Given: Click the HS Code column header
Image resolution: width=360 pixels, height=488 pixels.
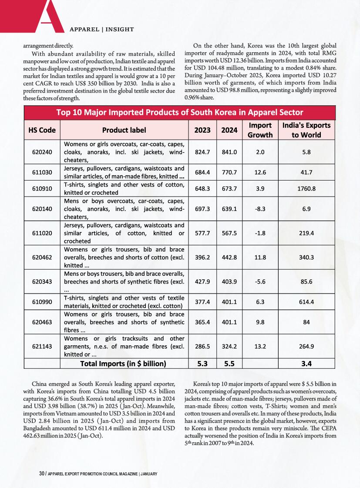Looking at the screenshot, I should pos(41,130).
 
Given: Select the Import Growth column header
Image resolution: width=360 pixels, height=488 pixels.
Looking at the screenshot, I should pos(260,130).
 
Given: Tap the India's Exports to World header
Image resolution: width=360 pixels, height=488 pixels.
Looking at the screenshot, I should pos(306,130).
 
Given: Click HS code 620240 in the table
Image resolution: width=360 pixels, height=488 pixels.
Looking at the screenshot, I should pos(43,152).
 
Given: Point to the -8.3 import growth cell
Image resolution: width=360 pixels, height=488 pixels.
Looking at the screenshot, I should pos(260,209).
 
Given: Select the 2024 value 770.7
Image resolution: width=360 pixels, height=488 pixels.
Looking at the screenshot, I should pos(229,172).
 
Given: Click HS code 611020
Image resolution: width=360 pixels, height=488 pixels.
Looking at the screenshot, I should pos(43,233).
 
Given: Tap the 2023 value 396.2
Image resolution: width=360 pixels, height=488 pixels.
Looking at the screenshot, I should pos(203,257).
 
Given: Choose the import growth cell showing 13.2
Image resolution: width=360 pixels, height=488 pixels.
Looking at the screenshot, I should pos(260,347).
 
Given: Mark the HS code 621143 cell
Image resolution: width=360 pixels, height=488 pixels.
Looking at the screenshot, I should pos(43,347).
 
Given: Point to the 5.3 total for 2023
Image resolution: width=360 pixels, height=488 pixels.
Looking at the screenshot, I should pos(203,363).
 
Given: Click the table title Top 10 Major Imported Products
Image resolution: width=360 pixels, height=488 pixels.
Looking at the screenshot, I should pos(180,112).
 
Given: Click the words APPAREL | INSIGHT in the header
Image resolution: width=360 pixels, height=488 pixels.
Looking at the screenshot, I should pos(101,30).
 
